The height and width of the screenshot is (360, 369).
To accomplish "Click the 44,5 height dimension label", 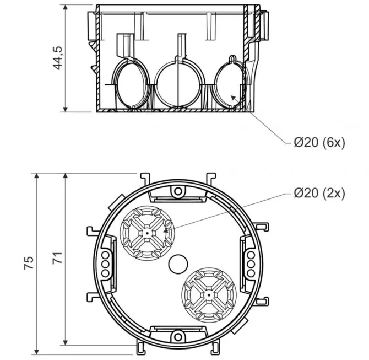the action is click(58, 58).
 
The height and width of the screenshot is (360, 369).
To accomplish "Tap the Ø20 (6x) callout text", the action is click(319, 142).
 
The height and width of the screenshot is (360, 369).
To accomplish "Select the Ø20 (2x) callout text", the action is click(319, 193).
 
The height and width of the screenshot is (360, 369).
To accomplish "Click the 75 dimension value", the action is click(29, 263).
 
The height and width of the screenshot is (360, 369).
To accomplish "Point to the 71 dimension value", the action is click(57, 258).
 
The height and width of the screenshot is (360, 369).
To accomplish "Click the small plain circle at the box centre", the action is click(178, 264).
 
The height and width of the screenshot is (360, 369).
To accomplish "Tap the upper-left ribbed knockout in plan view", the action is click(147, 233).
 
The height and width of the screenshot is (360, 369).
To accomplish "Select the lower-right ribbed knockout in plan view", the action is click(209, 295).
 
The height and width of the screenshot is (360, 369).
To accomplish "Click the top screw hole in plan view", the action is click(178, 191).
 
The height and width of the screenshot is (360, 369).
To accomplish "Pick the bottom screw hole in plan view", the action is click(178, 337).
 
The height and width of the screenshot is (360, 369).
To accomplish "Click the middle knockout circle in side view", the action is click(179, 84).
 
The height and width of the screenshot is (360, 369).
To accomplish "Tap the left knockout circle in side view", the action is click(132, 84).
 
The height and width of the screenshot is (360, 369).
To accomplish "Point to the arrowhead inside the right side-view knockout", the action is click(233, 98).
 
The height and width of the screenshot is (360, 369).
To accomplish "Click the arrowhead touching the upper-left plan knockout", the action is click(166, 230).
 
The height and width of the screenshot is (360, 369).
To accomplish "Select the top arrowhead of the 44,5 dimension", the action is click(66, 8).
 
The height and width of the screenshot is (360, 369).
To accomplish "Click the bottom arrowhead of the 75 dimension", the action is click(36, 351).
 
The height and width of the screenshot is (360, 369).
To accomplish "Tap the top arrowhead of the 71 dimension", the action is click(66, 176).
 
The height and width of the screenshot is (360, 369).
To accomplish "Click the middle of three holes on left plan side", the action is click(105, 264).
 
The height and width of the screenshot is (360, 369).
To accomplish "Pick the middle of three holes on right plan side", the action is click(251, 264).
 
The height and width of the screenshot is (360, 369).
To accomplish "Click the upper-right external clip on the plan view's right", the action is click(262, 226).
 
